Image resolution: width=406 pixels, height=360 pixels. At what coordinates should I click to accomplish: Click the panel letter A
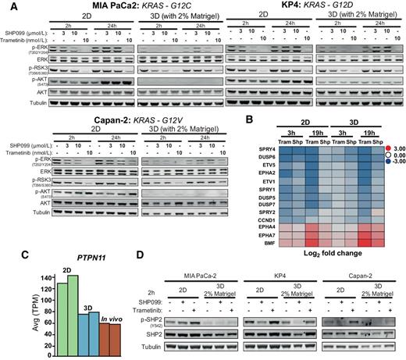(x=5, y=6)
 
